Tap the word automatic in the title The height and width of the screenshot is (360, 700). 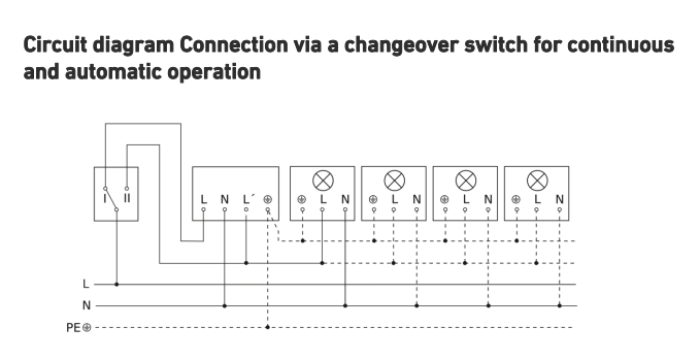[113, 71]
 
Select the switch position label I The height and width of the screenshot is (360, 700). [105, 198]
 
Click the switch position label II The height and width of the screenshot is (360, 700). [127, 198]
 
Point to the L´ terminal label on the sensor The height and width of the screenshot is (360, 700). [248, 199]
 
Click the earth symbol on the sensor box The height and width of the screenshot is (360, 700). [268, 199]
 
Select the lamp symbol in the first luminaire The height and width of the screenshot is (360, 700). [323, 181]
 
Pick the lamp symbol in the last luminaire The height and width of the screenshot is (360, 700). [538, 181]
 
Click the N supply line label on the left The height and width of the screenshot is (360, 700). [86, 306]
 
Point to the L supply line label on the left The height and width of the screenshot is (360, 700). [86, 284]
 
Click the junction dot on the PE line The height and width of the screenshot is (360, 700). [267, 327]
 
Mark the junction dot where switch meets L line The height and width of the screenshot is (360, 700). [117, 284]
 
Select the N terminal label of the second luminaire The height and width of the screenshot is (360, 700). [417, 199]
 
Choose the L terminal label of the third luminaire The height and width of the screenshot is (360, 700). [466, 199]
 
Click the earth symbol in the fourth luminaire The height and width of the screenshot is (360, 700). [516, 199]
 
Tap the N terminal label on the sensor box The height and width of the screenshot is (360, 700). [225, 199]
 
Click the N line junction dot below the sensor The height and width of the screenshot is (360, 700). [225, 306]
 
